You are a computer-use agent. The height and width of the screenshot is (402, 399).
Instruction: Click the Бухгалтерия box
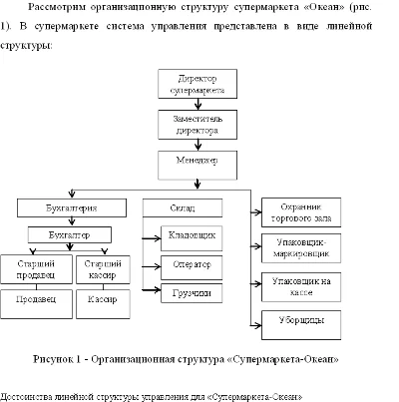(73, 208)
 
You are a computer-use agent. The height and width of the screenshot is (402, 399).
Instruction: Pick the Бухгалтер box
(71, 235)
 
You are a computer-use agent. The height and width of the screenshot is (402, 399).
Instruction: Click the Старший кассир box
(104, 267)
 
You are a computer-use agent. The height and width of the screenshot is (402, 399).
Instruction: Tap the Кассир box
(104, 299)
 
